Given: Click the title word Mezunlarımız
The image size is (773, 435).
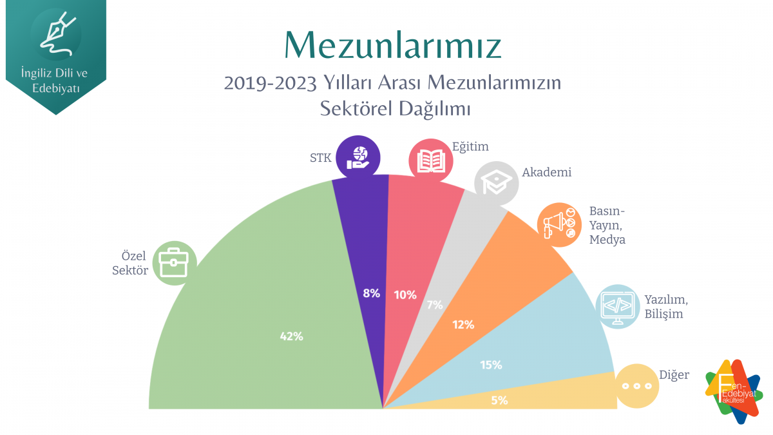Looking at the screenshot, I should (x=392, y=44).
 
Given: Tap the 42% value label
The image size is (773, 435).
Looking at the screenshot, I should (x=291, y=336).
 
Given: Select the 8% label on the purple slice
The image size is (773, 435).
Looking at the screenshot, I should (x=371, y=293).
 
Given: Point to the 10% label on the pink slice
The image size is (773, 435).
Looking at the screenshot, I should (x=405, y=295).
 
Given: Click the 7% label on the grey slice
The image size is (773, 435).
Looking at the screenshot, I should (x=435, y=305).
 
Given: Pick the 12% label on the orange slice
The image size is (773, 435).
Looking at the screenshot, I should (x=463, y=325).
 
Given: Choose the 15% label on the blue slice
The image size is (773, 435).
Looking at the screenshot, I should (x=491, y=365).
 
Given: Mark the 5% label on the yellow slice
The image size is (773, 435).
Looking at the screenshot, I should (x=499, y=400).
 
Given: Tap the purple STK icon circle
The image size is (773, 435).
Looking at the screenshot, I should (x=358, y=157).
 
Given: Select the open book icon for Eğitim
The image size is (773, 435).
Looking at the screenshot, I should (x=431, y=159).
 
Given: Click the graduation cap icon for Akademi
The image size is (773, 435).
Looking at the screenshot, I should (x=496, y=183).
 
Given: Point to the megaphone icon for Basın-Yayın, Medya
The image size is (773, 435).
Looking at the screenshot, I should (x=558, y=224).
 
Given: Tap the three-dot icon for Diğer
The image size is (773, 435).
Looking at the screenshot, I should (x=636, y=386).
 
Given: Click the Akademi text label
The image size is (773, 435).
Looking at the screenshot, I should (x=547, y=172).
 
